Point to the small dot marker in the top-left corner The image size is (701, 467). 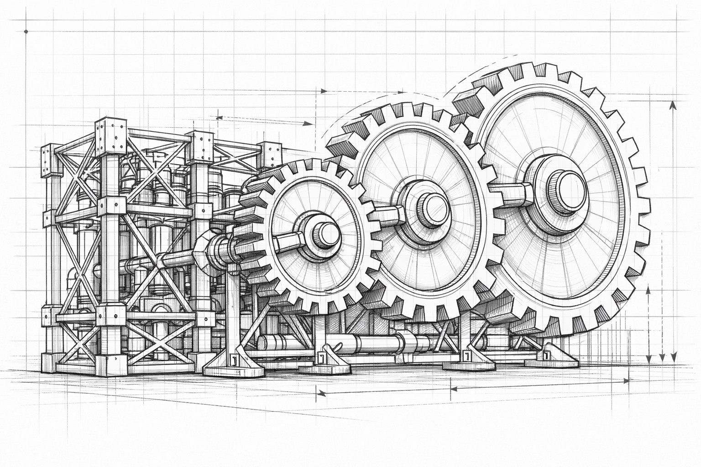[26, 31]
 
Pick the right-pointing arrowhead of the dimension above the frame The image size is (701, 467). [310, 123]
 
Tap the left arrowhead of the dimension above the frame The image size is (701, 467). [219, 118]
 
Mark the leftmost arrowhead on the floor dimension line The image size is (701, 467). [321, 392]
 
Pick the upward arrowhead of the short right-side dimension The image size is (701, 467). [649, 291]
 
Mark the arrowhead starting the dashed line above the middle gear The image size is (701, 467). [323, 91]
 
